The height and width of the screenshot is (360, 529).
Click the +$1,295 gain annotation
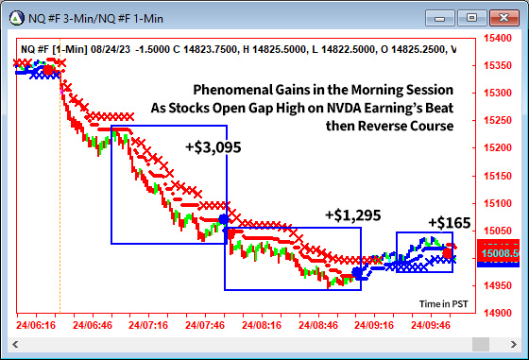point(352,215)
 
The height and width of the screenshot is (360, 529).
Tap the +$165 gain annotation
point(449,223)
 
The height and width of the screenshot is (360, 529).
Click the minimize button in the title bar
point(441,16)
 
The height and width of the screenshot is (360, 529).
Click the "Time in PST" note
point(443,303)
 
